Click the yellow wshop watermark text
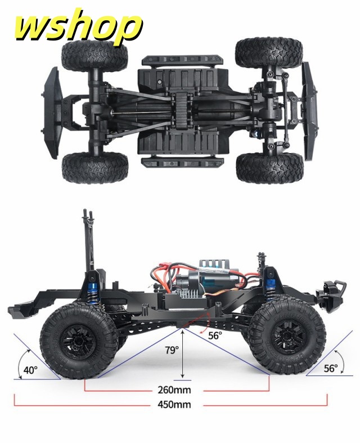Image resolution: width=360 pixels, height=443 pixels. (78, 25)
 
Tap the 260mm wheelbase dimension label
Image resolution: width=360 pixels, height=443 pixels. (174, 390)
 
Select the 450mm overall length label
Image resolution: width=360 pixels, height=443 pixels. (174, 404)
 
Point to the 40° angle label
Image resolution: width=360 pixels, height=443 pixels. (30, 370)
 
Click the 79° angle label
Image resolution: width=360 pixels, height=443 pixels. (172, 350)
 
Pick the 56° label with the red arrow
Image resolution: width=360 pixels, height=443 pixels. (215, 335)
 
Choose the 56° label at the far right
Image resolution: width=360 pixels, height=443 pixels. (331, 368)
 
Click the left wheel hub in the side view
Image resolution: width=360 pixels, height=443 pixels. (78, 341)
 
